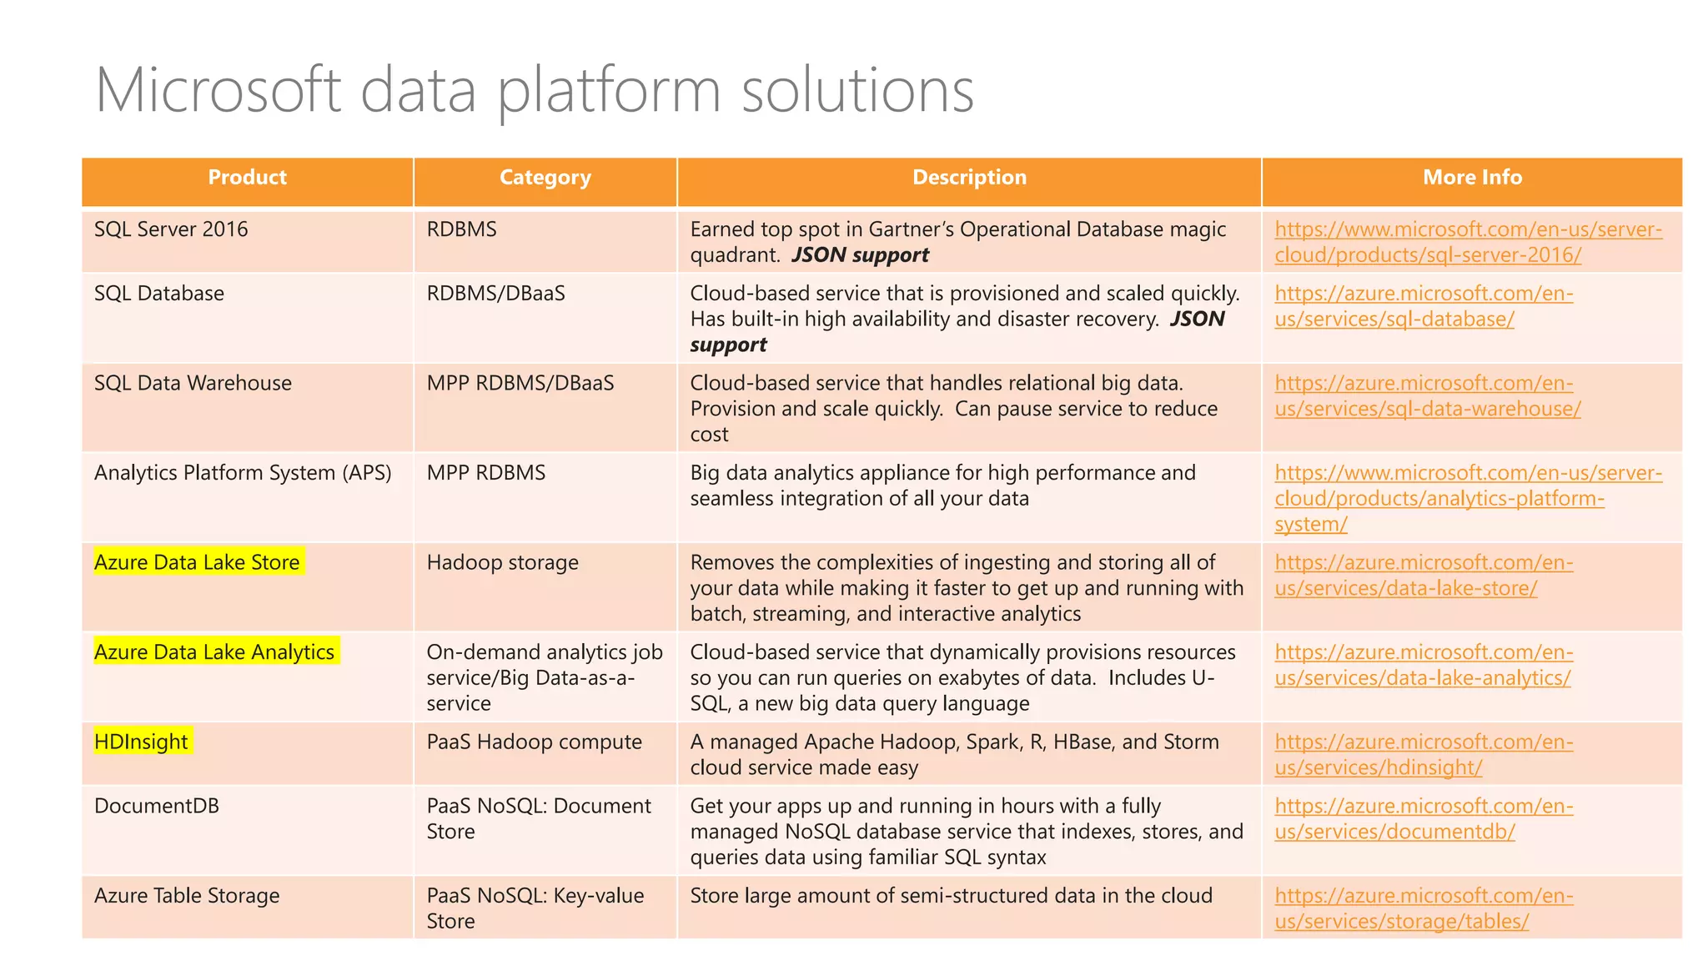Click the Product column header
[x=247, y=178]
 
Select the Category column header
[x=545, y=178]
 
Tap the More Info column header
[x=1472, y=178]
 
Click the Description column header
[x=969, y=178]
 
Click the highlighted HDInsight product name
[x=142, y=742]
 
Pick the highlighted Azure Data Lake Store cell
[x=197, y=562]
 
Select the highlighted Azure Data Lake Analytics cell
[x=214, y=652]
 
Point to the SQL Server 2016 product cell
[x=171, y=229]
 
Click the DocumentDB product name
[x=157, y=806]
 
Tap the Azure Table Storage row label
[x=187, y=896]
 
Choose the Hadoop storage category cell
[x=502, y=562]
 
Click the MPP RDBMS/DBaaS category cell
[x=520, y=383]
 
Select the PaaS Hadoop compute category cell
[x=534, y=742]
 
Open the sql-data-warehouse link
[x=1426, y=396]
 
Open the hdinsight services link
[x=1422, y=755]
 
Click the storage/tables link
[x=1422, y=908]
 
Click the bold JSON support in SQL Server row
[x=860, y=255]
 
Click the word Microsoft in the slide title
[x=219, y=90]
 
